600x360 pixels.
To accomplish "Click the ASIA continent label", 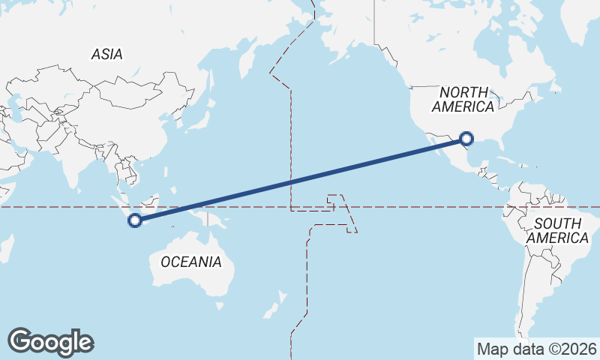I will coord(106,54).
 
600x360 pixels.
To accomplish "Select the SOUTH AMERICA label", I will coord(557,230).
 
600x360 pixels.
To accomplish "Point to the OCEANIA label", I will coord(191,262).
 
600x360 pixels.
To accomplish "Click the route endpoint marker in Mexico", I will coord(466,138).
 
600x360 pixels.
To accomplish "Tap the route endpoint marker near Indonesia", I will coord(135,220).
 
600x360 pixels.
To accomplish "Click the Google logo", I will coord(50,342).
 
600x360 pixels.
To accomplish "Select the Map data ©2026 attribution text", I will coord(537,349).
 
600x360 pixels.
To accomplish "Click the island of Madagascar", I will coord(7,247).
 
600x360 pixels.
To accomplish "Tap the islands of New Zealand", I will coord(274,304).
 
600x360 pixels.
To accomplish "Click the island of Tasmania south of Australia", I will coord(219,305).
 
